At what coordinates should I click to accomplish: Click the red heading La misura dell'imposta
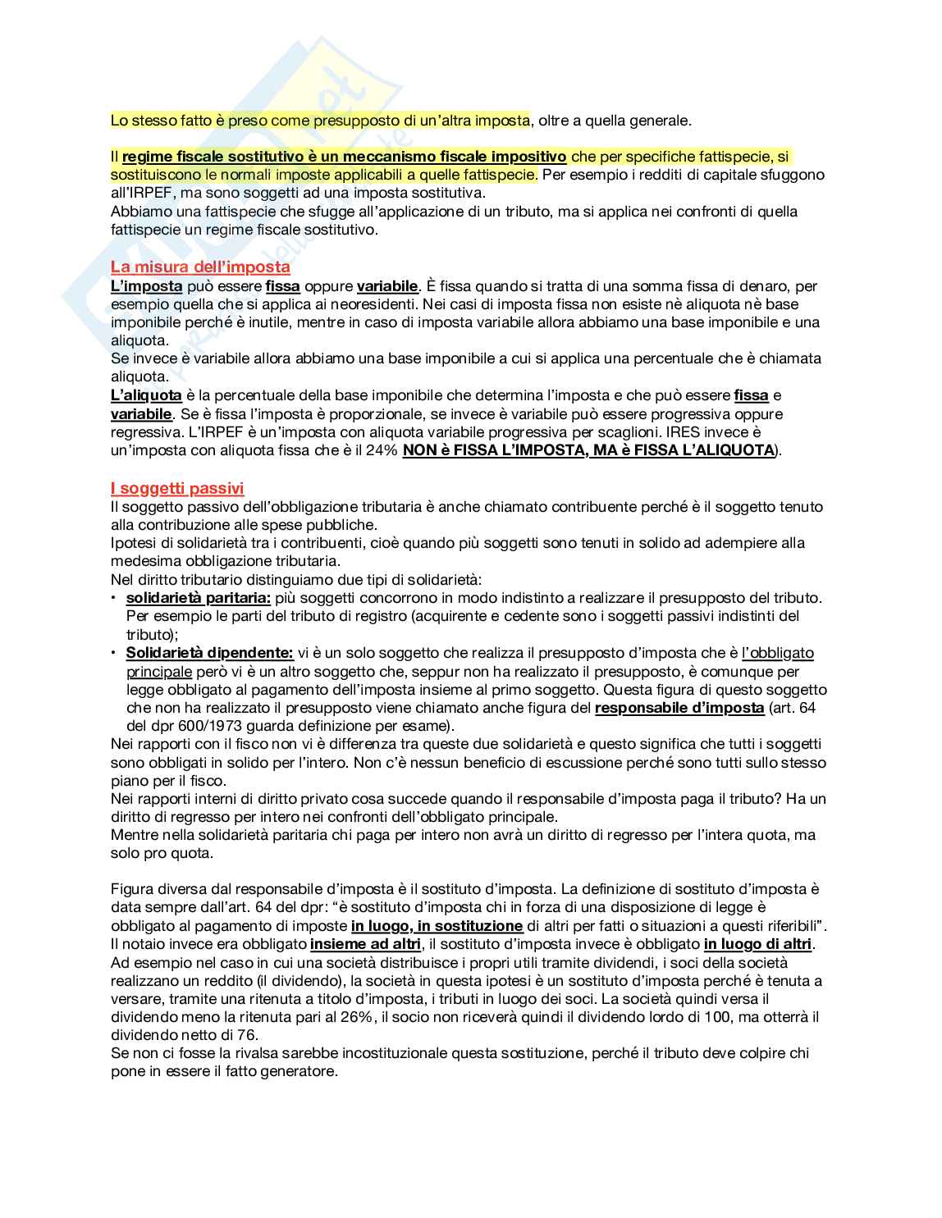[200, 267]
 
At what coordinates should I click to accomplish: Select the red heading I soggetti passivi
[177, 489]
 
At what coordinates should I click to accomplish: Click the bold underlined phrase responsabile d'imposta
[679, 708]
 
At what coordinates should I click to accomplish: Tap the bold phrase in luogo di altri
[757, 944]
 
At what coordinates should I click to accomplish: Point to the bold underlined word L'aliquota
[146, 395]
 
